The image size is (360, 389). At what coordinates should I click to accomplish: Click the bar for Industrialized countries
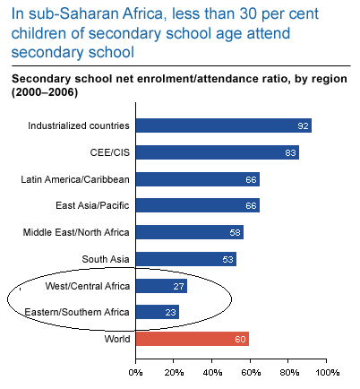pyautogui.click(x=223, y=125)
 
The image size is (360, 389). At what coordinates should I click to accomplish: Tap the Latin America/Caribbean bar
pyautogui.click(x=198, y=179)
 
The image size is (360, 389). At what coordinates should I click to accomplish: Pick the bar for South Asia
pyautogui.click(x=185, y=259)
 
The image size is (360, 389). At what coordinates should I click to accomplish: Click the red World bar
pyautogui.click(x=193, y=339)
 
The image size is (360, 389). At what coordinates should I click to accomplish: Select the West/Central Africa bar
pyautogui.click(x=161, y=286)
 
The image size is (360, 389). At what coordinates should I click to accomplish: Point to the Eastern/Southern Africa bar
pyautogui.click(x=158, y=312)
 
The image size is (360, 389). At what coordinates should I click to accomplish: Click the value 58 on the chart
pyautogui.click(x=236, y=233)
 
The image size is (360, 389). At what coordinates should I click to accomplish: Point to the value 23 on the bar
pyautogui.click(x=170, y=313)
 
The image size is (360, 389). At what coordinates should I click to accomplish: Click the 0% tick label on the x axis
pyautogui.click(x=136, y=370)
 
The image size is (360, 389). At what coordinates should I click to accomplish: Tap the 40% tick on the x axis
pyautogui.click(x=212, y=370)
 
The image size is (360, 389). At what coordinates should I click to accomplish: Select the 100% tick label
pyautogui.click(x=326, y=370)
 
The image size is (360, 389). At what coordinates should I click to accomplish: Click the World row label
pyautogui.click(x=116, y=339)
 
